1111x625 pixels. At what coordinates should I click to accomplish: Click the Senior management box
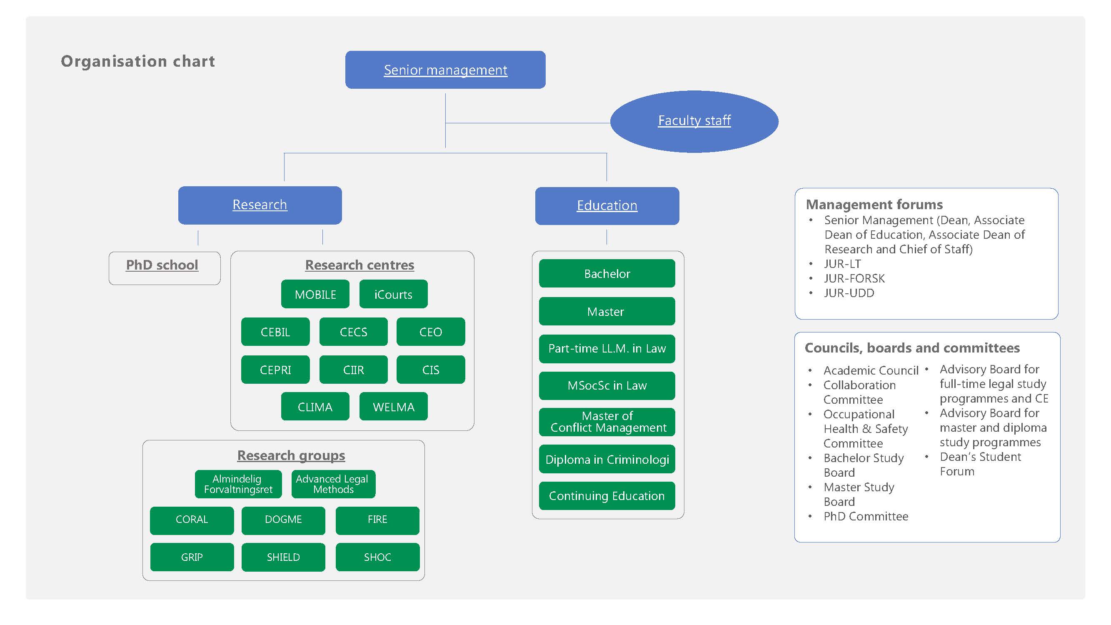pos(445,70)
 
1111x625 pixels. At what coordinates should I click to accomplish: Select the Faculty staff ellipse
pos(694,121)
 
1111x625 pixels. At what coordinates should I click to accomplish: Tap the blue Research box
pos(260,205)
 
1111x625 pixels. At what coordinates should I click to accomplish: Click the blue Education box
pos(607,206)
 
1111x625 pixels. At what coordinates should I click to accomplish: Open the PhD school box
pos(162,265)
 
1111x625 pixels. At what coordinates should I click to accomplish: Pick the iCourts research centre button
pos(393,295)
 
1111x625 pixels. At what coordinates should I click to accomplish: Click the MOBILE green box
pos(315,295)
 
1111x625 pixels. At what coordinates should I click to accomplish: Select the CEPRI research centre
pos(275,370)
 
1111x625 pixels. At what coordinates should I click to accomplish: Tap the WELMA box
pos(393,407)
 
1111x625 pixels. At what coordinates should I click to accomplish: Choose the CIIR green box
pos(353,370)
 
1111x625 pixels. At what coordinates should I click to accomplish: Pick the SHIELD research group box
pos(283,557)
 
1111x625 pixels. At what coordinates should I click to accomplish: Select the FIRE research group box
pos(377,520)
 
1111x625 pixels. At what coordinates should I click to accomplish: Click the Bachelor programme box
pos(607,274)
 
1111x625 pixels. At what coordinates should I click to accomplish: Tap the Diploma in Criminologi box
pos(607,460)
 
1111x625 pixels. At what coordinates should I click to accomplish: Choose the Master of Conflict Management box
pos(607,422)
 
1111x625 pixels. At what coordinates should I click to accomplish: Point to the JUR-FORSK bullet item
pos(854,279)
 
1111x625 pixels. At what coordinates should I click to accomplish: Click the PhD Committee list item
pos(865,517)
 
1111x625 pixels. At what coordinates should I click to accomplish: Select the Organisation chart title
pos(137,61)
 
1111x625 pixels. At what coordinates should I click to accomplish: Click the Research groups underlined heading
pos(291,455)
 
